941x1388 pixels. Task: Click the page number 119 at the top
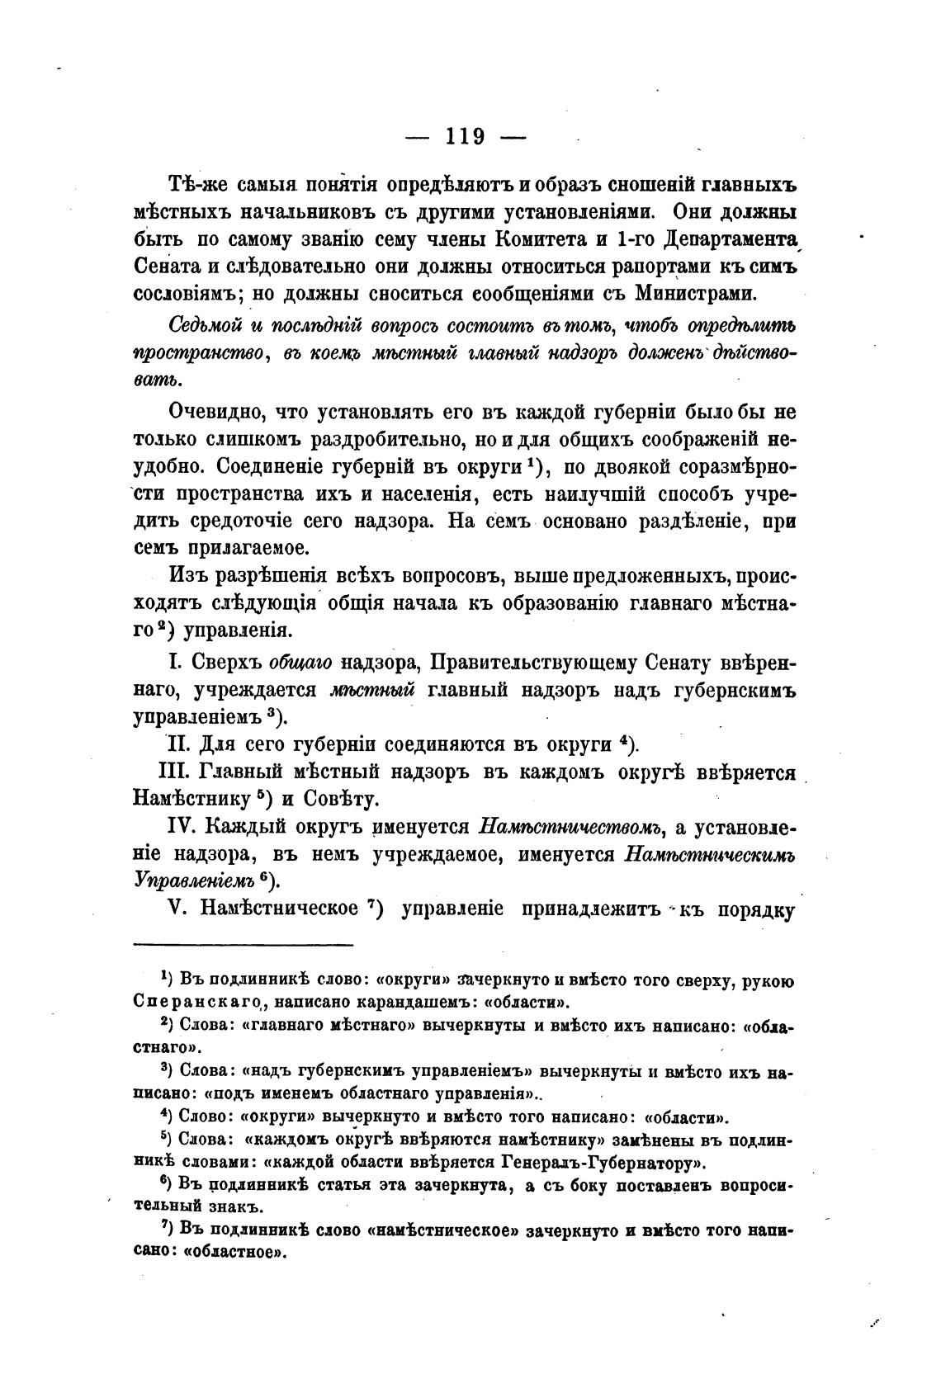pos(465,136)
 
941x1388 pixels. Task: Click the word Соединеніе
pos(269,466)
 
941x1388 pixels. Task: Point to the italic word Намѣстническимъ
pos(711,853)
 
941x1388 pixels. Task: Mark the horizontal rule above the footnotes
pos(243,945)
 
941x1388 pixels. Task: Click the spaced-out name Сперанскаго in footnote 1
pos(193,1003)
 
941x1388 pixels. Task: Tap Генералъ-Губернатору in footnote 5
pos(602,1164)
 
